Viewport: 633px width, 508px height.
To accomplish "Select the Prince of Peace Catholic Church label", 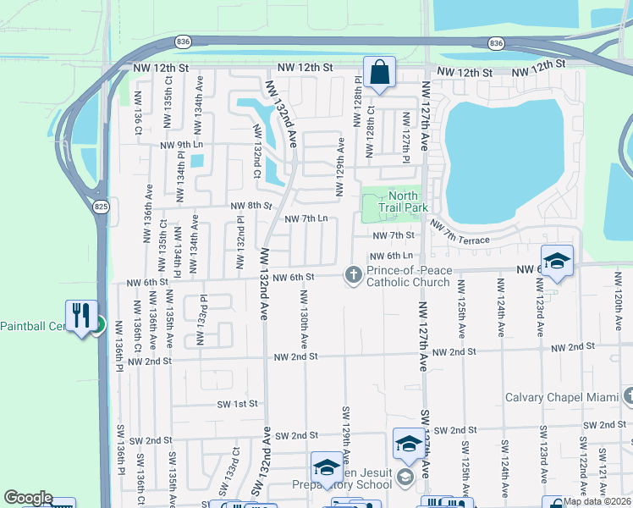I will tap(410, 276).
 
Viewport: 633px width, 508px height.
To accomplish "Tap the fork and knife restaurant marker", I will tap(81, 316).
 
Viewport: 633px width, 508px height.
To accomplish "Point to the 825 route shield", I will tap(101, 207).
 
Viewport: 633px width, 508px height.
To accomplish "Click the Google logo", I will tap(28, 499).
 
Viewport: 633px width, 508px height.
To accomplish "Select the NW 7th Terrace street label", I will tap(460, 234).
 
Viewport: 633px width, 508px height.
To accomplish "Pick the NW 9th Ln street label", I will tap(182, 145).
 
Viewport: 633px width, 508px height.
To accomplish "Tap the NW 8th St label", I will tap(253, 205).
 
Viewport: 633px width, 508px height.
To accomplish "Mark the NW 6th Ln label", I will tap(390, 256).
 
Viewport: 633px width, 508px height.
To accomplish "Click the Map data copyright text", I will tap(597, 501).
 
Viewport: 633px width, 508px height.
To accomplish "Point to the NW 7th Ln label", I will tap(305, 218).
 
